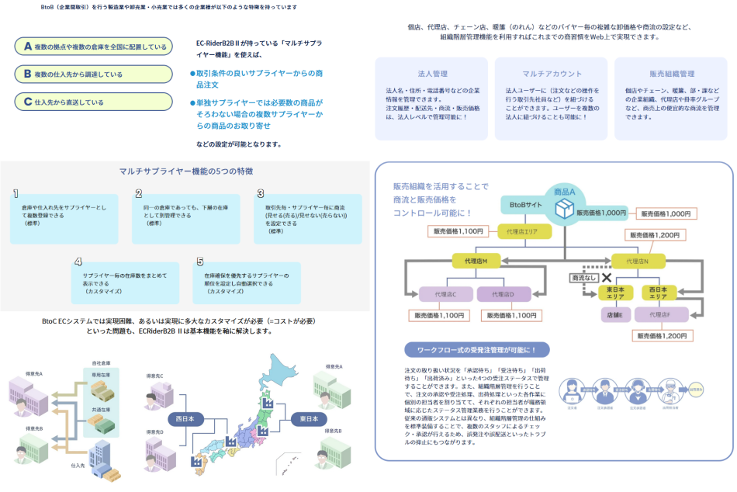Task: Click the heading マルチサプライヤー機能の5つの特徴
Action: pyautogui.click(x=186, y=171)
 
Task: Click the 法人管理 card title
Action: pyautogui.click(x=432, y=74)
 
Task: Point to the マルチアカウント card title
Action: pyautogui.click(x=552, y=74)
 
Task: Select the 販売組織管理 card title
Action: pyautogui.click(x=672, y=74)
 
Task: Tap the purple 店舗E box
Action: pyautogui.click(x=614, y=314)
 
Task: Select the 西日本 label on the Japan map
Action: pyautogui.click(x=185, y=419)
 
